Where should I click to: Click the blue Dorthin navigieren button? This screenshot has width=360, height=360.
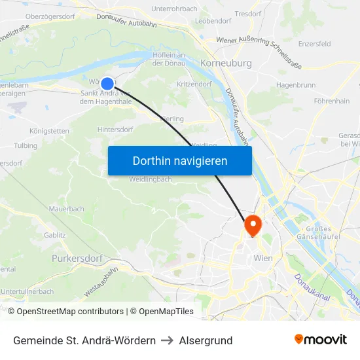point(179,160)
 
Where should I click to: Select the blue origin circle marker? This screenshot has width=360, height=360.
point(107,82)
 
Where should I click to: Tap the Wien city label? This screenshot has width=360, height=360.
point(262,258)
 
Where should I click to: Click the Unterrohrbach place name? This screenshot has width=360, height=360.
point(174,9)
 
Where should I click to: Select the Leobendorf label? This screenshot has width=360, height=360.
point(213,21)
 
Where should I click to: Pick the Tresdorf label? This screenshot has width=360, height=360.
point(247,13)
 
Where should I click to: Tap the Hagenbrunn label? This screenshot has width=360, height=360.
point(295,85)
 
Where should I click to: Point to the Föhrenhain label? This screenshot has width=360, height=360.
point(331,101)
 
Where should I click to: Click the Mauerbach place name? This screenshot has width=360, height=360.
point(66,209)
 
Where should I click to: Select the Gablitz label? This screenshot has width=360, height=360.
point(54,234)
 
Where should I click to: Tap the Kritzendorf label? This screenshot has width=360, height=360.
point(193,85)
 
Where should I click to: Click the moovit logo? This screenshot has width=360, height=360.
point(320,340)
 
